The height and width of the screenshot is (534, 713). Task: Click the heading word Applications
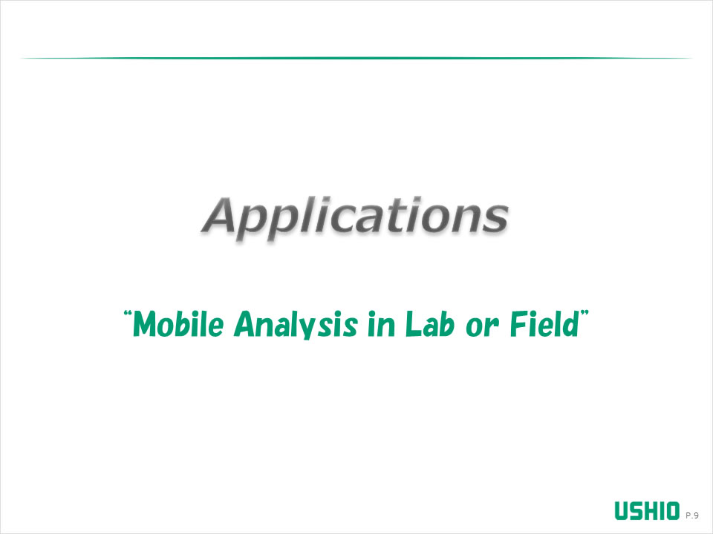(355, 217)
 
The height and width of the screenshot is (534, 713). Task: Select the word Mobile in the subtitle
(178, 324)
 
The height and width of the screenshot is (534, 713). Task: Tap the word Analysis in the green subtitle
(296, 324)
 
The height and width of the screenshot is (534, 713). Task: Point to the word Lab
(429, 323)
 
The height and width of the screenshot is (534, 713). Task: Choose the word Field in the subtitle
(544, 323)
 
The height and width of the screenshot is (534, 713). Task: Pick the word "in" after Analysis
(381, 324)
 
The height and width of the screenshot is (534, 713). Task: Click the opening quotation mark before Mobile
(128, 314)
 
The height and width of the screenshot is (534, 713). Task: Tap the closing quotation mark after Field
(585, 314)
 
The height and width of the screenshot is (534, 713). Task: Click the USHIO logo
(647, 511)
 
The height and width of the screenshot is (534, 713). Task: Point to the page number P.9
(692, 515)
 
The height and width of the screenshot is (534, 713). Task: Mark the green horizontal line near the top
(356, 58)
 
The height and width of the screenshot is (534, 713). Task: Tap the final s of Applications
(495, 219)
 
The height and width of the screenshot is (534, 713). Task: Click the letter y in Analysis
(311, 329)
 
